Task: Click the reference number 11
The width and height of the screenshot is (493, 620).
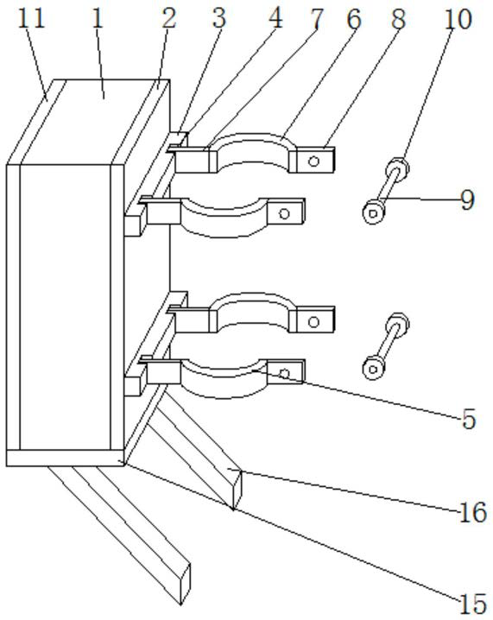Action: coord(32,20)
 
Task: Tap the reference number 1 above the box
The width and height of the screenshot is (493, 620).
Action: coord(98,19)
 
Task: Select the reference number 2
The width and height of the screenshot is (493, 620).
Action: coord(169,19)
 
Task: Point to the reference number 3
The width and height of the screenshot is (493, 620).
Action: coord(218,18)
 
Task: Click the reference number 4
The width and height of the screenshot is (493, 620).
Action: coord(275,18)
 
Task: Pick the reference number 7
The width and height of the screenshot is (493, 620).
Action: coord(316,19)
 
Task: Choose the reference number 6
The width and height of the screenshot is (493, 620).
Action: coord(354,19)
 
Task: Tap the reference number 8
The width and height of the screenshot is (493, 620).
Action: coord(398,19)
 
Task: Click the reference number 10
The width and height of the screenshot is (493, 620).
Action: coord(458,19)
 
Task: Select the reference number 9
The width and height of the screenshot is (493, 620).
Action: coord(467,200)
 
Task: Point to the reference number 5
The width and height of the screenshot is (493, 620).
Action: coord(469,419)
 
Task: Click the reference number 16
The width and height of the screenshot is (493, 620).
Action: coord(473,512)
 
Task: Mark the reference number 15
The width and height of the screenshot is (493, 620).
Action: coord(473,604)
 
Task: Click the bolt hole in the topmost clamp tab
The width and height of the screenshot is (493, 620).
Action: coord(314,161)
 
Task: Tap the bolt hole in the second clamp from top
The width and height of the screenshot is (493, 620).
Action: coord(284,214)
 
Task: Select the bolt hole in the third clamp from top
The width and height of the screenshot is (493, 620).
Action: coord(314,322)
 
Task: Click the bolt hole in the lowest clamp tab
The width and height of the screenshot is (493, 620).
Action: coord(284,373)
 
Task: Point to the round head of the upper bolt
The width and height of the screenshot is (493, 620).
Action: coord(373,212)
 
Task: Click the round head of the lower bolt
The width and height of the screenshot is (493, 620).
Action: coord(373,369)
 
